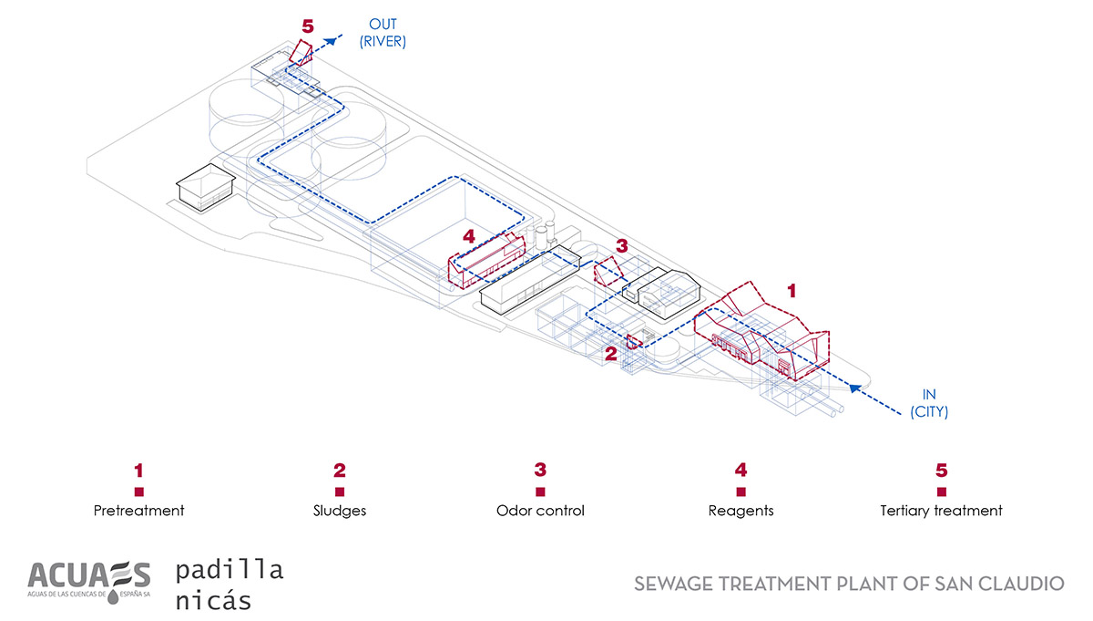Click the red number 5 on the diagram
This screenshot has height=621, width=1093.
point(307,26)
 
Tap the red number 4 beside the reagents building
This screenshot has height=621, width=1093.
point(469,236)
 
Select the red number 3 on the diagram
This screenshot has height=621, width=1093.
point(622,245)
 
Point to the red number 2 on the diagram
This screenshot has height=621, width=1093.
point(611,352)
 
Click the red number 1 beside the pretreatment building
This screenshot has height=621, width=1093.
point(792,291)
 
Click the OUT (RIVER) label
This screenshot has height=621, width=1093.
point(382,32)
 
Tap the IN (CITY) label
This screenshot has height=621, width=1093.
point(929,403)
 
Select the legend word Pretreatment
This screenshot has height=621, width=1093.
point(138,511)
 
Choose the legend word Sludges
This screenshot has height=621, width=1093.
point(340,511)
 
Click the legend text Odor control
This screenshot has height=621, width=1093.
point(540,511)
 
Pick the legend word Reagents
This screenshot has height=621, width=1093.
point(741,511)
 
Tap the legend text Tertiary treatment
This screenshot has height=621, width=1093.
point(942,511)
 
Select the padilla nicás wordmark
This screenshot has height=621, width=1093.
point(229,585)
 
